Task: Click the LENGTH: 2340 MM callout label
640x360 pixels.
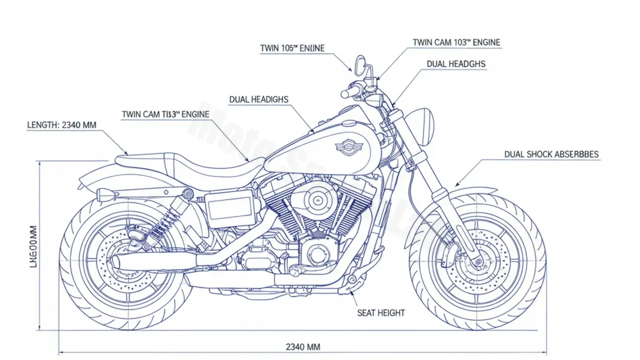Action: coord(61,125)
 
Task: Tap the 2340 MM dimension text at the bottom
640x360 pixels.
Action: coord(303,347)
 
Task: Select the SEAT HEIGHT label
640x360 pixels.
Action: coord(380,313)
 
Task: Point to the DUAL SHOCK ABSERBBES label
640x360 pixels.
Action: coord(551,155)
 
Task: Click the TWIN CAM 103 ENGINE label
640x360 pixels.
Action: coord(457,42)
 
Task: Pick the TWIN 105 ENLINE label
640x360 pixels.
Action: coord(292,49)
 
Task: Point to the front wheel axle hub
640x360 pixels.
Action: coord(478,262)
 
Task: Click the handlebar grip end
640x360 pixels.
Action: coord(345,93)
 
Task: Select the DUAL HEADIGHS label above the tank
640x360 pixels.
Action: coord(258,99)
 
